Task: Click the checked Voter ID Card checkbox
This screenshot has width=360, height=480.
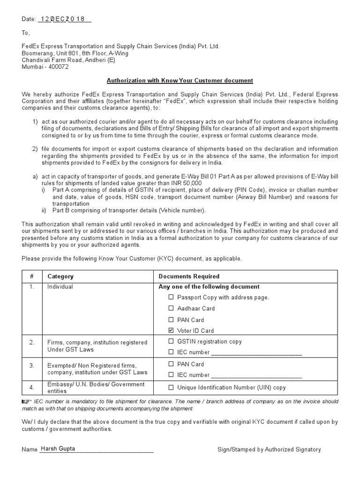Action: pos(171,330)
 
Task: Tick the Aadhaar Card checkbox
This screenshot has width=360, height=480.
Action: pos(171,308)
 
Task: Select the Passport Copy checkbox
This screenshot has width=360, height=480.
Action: pos(171,297)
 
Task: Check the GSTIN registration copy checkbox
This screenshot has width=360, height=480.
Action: pos(171,341)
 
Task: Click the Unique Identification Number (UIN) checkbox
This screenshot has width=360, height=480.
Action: pos(171,387)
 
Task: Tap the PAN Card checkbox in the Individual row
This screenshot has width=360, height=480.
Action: pos(171,320)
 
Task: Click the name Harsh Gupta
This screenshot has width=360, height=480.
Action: pos(58,449)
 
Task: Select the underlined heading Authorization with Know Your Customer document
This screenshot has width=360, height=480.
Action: pos(180,81)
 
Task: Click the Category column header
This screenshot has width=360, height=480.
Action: pos(60,276)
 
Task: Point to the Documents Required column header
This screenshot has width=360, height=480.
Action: pos(189,276)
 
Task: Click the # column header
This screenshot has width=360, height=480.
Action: pos(31,276)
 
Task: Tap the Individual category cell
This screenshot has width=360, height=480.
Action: pos(60,286)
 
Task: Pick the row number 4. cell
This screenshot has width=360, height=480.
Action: pos(31,387)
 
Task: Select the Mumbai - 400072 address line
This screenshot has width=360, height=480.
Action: pos(45,67)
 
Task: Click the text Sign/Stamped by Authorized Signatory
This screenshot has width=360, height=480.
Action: pos(269,449)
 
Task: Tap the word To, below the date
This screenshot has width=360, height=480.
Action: pos(25,33)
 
